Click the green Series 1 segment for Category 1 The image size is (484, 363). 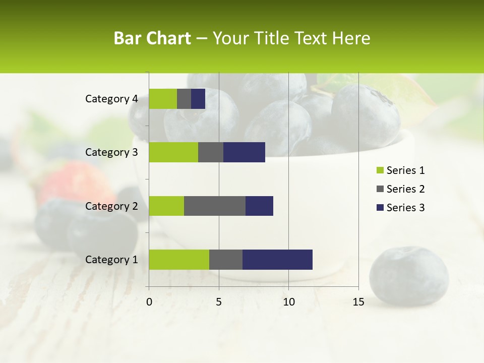click(179, 260)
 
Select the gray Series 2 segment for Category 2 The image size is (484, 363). click(215, 206)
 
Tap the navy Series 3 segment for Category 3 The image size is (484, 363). click(244, 152)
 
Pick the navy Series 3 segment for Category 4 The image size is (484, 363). click(198, 99)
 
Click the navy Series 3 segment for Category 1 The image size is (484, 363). click(277, 260)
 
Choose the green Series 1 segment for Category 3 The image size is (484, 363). click(173, 152)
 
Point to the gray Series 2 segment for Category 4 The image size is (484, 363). click(184, 99)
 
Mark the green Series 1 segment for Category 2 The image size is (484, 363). click(166, 206)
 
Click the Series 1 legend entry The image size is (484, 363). click(400, 170)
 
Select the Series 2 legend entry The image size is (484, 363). click(400, 189)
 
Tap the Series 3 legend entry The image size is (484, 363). click(400, 208)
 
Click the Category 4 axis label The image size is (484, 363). click(111, 99)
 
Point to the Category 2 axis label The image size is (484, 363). click(111, 206)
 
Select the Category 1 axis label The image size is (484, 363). click(111, 260)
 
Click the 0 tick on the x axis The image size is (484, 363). click(149, 302)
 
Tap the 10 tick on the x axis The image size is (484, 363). click(288, 302)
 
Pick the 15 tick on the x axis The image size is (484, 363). click(358, 302)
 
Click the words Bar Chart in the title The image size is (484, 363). click(152, 38)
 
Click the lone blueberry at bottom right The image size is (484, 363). click(409, 276)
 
